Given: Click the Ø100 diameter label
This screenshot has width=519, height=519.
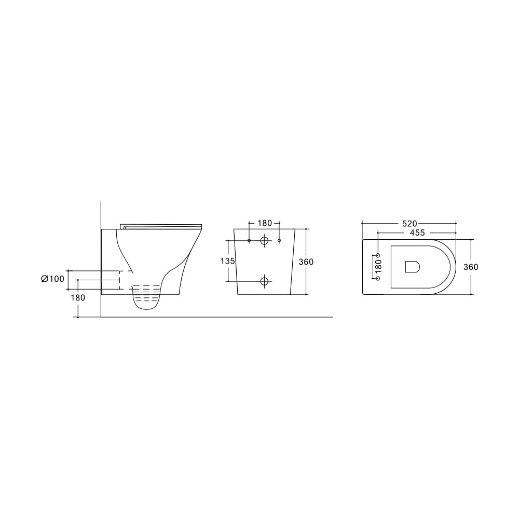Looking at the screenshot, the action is click(52, 279).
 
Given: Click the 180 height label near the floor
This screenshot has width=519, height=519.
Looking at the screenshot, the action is click(78, 298).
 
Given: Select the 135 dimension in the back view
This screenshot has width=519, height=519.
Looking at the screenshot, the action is click(228, 261).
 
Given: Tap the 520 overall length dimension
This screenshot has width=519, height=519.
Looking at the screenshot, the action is click(409, 224).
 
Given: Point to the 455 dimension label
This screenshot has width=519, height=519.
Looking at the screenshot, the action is click(417, 233).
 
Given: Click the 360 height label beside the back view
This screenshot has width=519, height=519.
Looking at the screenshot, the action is click(306, 262).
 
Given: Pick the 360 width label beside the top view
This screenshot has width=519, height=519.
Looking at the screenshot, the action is click(471, 267).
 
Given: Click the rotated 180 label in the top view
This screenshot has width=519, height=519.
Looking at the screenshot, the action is click(379, 266).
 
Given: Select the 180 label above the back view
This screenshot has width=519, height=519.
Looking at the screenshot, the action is click(265, 223).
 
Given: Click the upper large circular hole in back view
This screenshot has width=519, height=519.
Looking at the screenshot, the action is click(264, 240).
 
